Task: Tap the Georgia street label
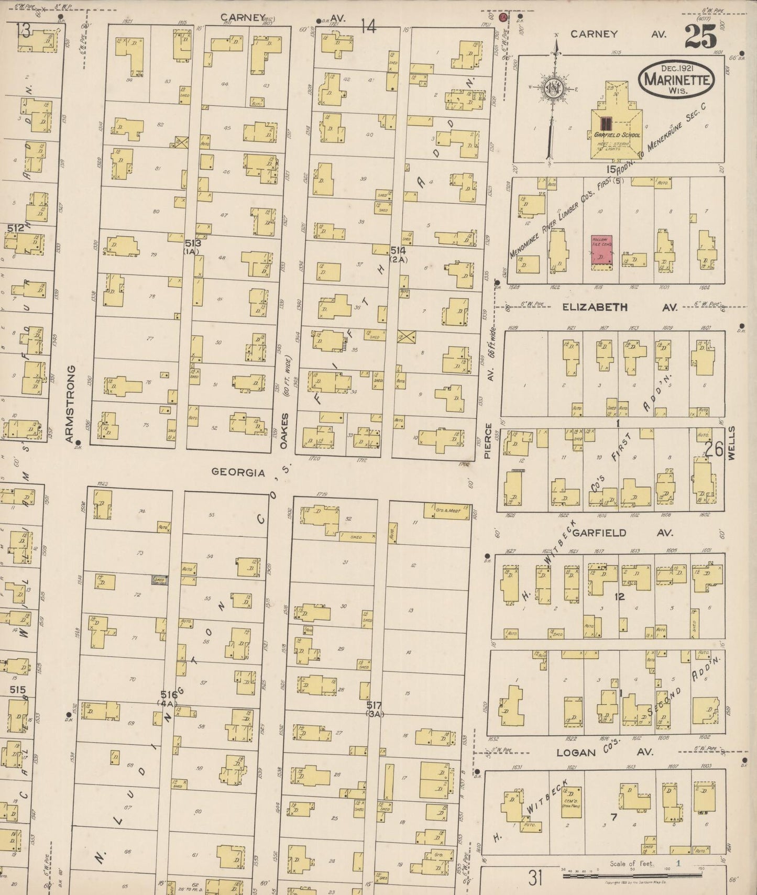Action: point(238,472)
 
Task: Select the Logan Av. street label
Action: point(576,753)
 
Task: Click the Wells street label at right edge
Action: point(731,443)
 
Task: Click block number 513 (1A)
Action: point(191,247)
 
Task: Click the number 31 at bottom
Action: point(534,877)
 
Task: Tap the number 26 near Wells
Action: point(714,449)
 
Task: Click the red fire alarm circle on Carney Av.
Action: point(503,17)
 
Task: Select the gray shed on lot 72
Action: point(159,580)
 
